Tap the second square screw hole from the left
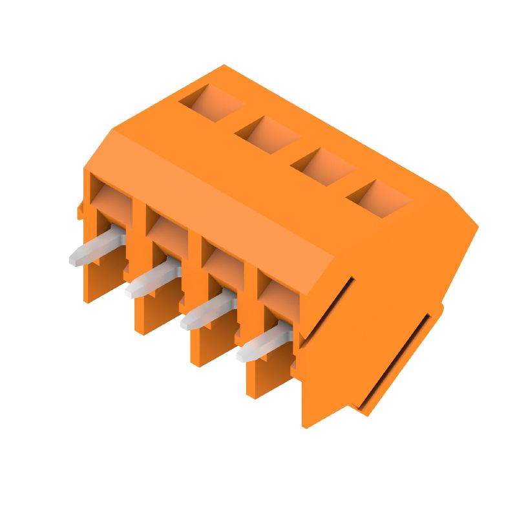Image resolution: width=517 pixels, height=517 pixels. (x=267, y=134)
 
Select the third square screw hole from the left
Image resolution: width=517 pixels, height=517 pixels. (x=322, y=165)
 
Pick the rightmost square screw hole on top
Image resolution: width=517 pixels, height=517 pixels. (x=379, y=197)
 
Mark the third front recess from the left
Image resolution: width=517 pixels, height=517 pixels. (x=222, y=258)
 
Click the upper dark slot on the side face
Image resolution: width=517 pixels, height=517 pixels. (x=328, y=307)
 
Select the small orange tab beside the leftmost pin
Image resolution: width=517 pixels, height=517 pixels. (x=80, y=210)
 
